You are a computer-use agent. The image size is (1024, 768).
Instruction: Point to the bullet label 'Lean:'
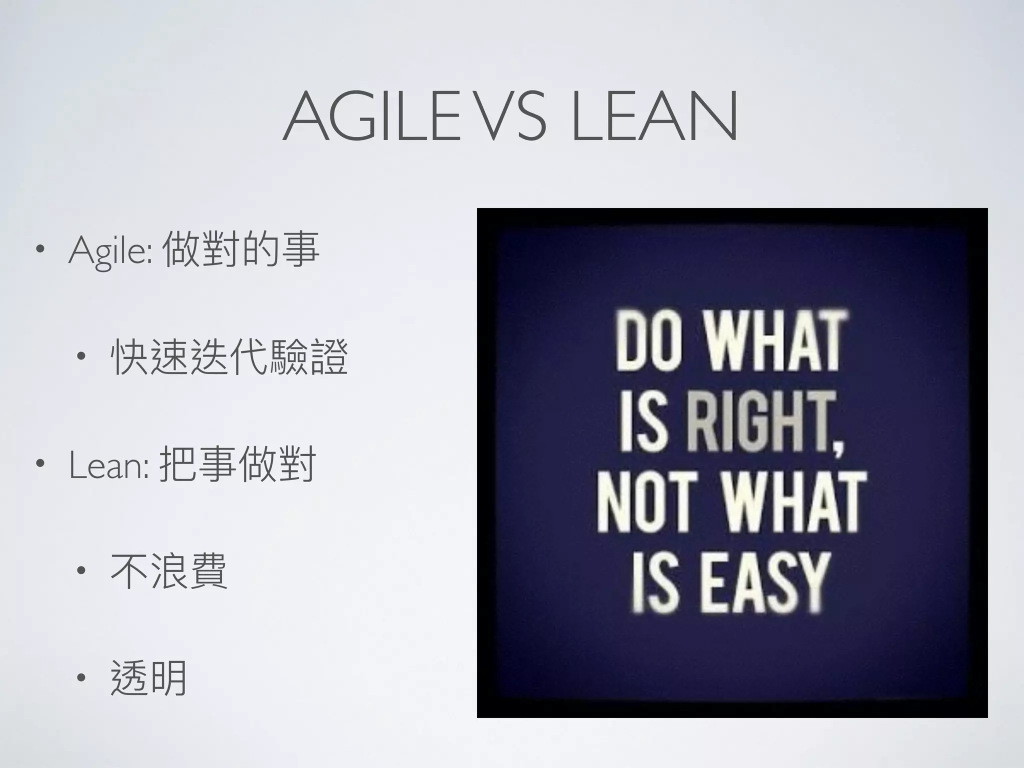(x=108, y=465)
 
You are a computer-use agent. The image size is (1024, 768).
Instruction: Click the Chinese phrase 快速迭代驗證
(x=229, y=357)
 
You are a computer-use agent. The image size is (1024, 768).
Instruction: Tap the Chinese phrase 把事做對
(x=237, y=464)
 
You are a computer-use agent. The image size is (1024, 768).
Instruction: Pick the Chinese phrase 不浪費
(x=169, y=571)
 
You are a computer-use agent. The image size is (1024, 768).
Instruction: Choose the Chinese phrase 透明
(x=148, y=678)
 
